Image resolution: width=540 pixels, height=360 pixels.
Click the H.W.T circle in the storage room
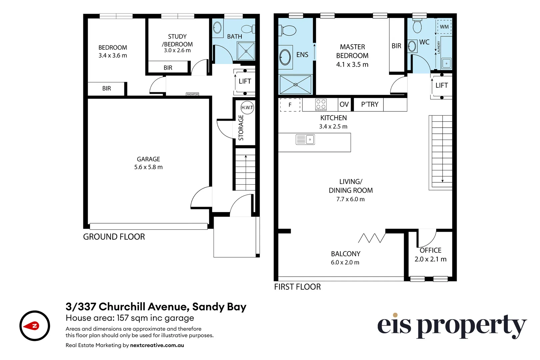point(247,108)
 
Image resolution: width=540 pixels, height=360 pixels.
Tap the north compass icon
point(35,326)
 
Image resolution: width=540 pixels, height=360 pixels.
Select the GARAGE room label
point(148,159)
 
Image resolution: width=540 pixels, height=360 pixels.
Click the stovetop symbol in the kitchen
point(321,104)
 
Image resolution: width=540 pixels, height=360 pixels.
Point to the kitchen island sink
point(305,139)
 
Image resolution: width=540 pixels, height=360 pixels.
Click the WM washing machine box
point(444,27)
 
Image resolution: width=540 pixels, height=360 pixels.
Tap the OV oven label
point(344,105)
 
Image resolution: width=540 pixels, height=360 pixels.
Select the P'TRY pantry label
point(370,105)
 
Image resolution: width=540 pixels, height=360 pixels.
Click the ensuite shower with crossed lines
point(295,85)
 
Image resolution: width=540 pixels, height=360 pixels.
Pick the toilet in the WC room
point(417,26)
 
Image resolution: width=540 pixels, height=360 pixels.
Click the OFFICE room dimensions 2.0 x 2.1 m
point(430,259)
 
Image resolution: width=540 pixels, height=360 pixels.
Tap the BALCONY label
point(345,254)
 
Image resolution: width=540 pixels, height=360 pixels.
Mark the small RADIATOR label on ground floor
point(192,94)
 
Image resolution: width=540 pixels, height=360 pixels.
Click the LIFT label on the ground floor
point(245,81)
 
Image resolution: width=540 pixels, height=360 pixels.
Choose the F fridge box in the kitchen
point(290,105)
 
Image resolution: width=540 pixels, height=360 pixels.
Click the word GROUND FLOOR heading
point(114,237)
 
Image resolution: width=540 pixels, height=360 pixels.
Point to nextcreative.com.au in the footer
point(157,345)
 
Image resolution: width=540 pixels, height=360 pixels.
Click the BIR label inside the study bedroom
point(168,68)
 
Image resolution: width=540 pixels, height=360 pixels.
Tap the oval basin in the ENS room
point(285,57)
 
